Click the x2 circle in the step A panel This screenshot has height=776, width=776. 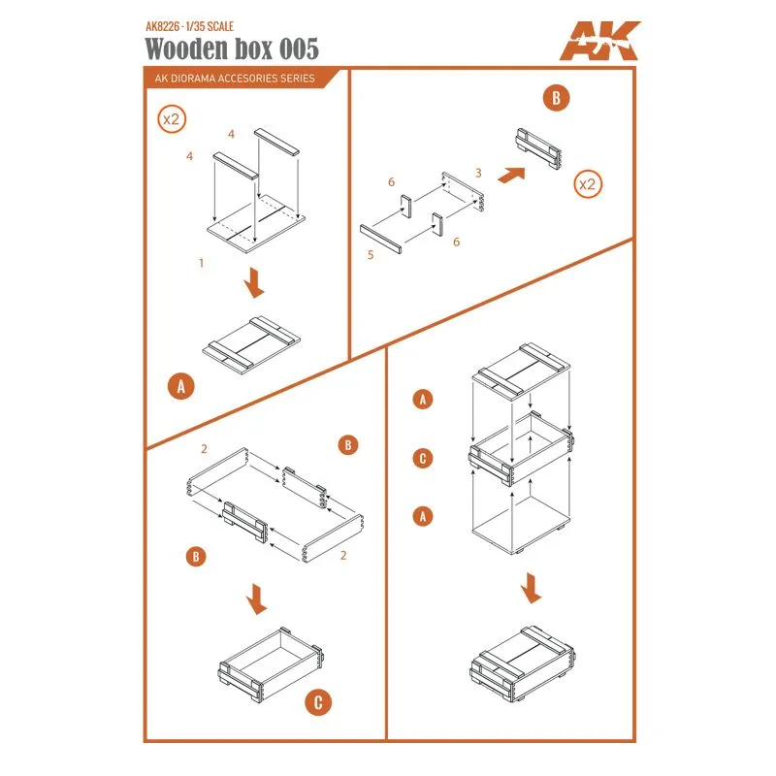[172, 121]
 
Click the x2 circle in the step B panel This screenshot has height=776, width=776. [587, 183]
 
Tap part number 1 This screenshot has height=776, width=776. [200, 263]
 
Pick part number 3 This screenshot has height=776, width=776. [477, 172]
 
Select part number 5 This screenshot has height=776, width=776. [371, 254]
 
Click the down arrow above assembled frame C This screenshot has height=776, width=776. [256, 598]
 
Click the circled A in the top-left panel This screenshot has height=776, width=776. [178, 386]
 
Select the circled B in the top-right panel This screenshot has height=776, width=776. [558, 98]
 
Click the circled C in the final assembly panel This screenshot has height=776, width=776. [422, 458]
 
